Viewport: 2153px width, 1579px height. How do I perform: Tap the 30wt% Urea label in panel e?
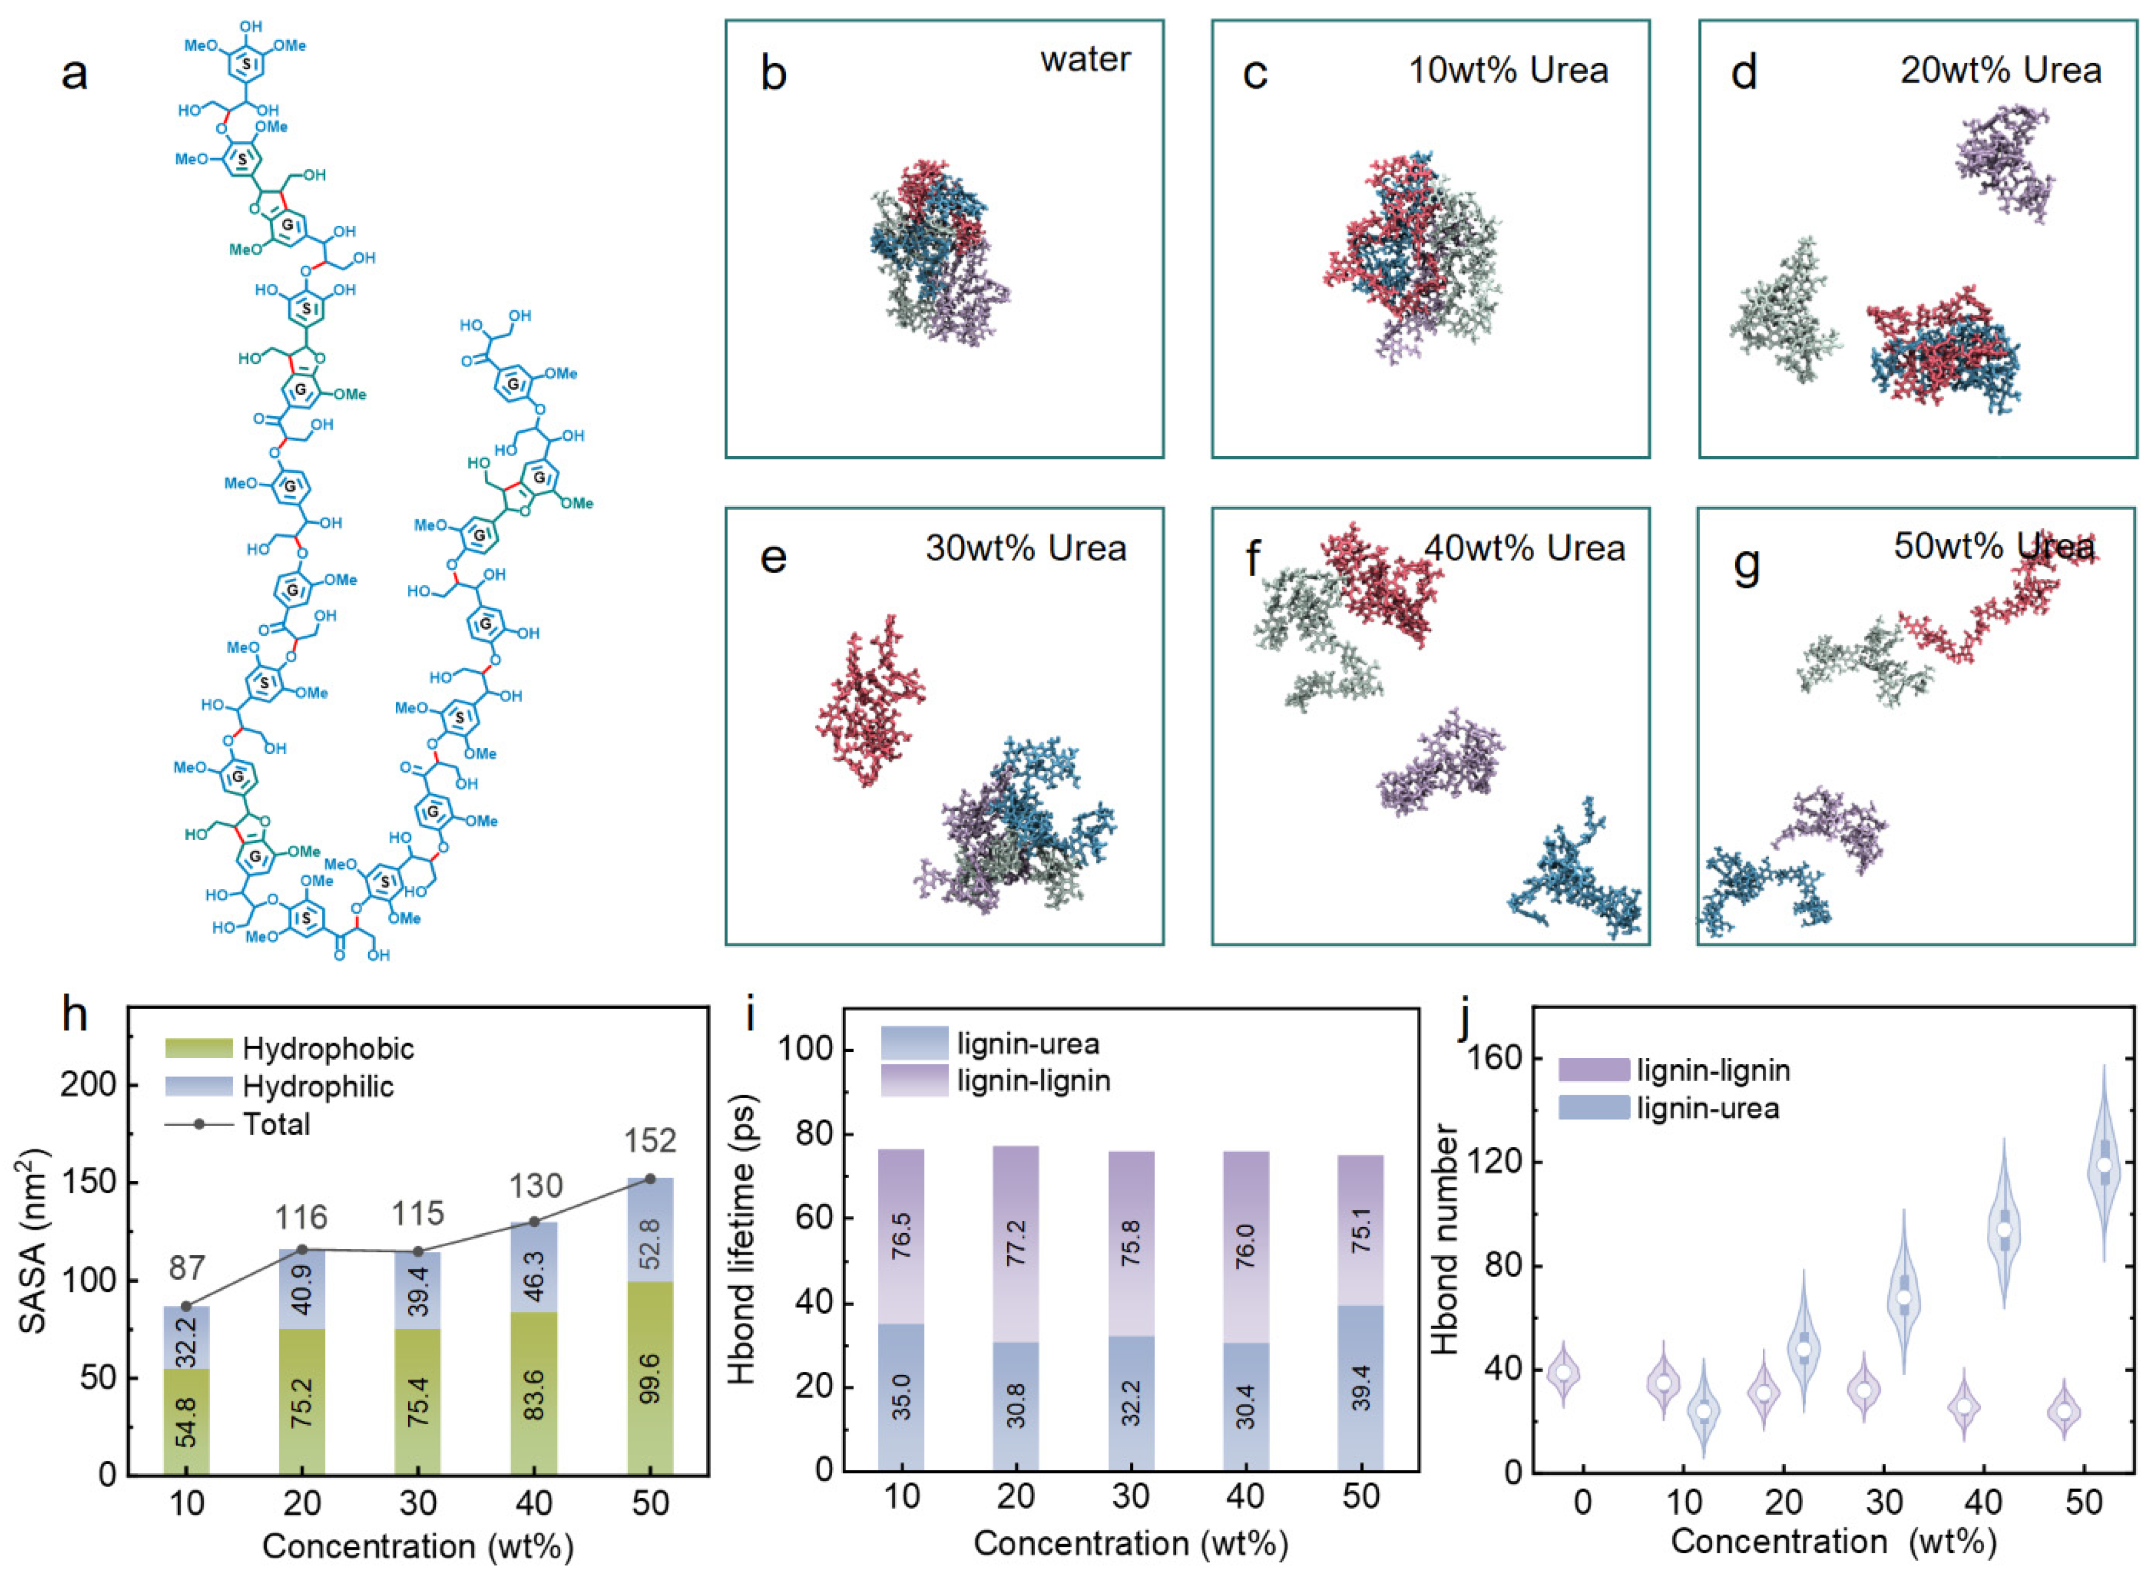tap(1025, 548)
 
